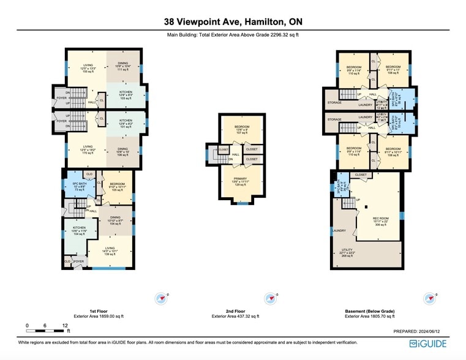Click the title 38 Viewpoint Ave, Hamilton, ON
tap(233, 22)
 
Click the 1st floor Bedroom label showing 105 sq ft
tap(118, 187)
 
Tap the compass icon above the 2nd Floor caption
tap(270, 298)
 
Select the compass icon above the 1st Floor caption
tap(161, 298)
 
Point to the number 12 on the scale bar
tap(65, 325)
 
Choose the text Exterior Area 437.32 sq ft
tap(235, 317)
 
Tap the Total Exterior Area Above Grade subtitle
tap(233, 35)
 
